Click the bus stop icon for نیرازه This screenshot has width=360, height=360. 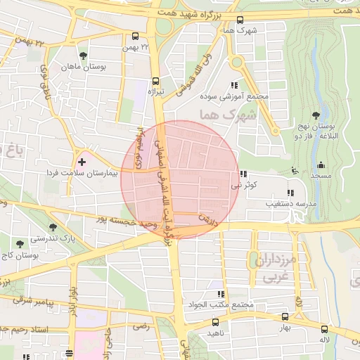tap(155, 80)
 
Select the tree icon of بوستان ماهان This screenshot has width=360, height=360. tap(84, 55)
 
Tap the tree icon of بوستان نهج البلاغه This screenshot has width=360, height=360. tap(314, 115)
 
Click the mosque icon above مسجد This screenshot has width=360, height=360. tap(294, 170)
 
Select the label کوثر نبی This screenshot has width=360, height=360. tap(247, 186)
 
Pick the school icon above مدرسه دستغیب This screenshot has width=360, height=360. tap(290, 193)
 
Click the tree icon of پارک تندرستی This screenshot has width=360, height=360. tap(53, 226)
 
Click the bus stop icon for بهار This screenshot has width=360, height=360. tap(285, 317)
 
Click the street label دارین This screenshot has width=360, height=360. tap(205, 220)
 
